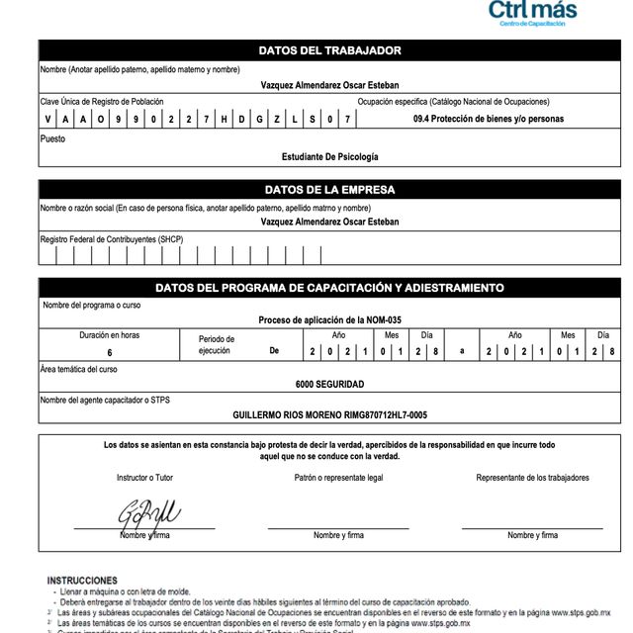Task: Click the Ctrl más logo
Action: [532, 13]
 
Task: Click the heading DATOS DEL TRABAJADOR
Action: [329, 50]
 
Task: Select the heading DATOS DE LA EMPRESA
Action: [329, 190]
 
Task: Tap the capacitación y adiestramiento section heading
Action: [329, 288]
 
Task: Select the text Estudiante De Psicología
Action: [329, 156]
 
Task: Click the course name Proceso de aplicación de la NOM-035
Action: [329, 320]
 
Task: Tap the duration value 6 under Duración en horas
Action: [110, 352]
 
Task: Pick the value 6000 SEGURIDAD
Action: [329, 384]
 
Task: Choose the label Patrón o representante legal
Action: [338, 478]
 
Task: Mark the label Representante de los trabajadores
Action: [532, 478]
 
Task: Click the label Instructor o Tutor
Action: [144, 478]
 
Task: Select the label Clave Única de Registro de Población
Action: [102, 101]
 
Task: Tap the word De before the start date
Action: [275, 351]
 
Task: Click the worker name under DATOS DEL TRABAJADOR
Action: [329, 85]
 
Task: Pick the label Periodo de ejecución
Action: [217, 345]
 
